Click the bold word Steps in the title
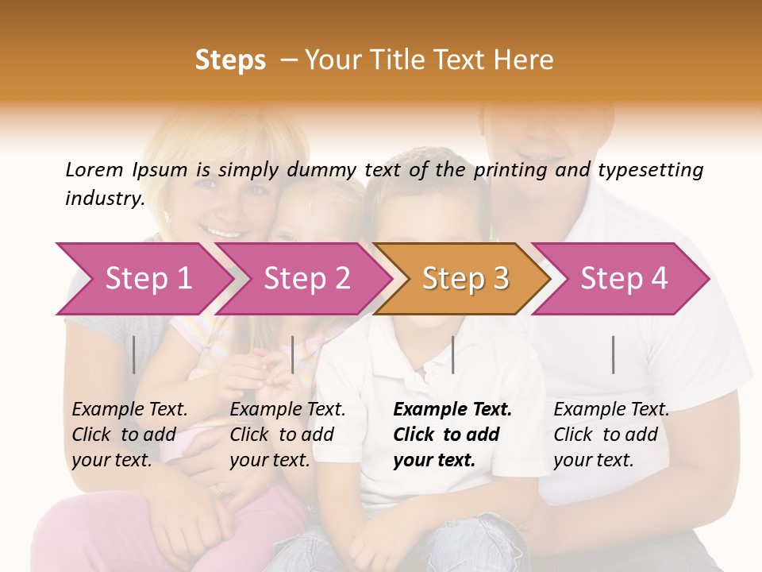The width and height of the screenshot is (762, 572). pos(230,60)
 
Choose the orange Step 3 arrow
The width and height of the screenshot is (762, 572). pos(465,279)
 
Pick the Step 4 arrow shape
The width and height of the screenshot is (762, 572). pos(624,279)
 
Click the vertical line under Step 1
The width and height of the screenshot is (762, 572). pos(134,355)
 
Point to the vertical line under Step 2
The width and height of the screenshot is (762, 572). pos(293,355)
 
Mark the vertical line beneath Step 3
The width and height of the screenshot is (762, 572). pos(452,355)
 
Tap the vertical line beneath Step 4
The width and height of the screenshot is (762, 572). pos(614,355)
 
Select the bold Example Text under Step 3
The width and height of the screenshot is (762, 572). pos(452,435)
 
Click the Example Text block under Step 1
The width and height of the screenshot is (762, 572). pos(129,435)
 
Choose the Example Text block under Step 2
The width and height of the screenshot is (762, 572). pos(287,435)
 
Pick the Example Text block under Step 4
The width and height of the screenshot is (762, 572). pos(611,435)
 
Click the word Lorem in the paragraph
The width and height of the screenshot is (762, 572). pos(94,170)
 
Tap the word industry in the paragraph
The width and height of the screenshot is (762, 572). pos(104,199)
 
